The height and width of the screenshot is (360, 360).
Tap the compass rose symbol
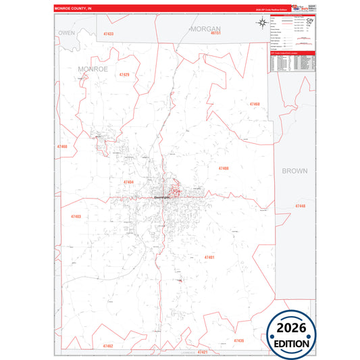261,24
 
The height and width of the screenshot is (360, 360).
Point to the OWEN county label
66,32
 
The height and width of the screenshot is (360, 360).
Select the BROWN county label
294,171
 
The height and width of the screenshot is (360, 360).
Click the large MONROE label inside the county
93,69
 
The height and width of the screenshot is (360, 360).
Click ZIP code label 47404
128,182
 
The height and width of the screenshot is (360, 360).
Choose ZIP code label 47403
75,217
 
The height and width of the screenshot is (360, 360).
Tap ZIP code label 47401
209,257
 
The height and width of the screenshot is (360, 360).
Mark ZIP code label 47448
300,206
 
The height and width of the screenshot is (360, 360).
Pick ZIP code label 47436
238,341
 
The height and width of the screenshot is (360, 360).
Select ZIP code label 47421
203,352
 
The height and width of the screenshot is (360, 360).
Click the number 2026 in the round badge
292,328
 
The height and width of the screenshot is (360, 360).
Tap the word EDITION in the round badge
292,343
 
